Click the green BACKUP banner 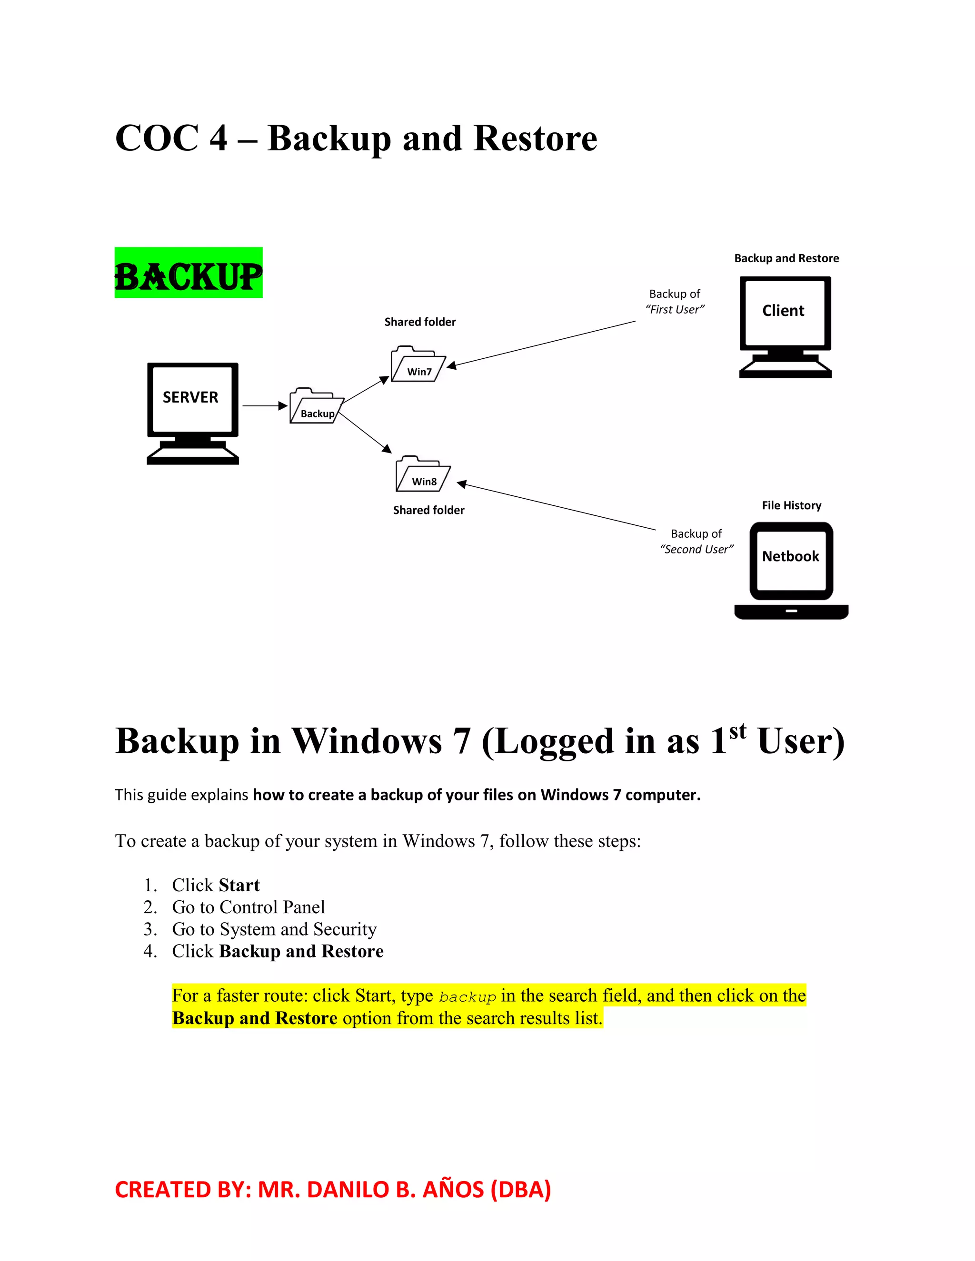pyautogui.click(x=189, y=273)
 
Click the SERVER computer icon pyautogui.click(x=192, y=413)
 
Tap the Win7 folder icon pyautogui.click(x=418, y=365)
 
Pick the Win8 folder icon pyautogui.click(x=422, y=474)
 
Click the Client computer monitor pyautogui.click(x=785, y=326)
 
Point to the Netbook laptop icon pyautogui.click(x=791, y=570)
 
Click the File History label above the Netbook pyautogui.click(x=791, y=505)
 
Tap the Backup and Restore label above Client pyautogui.click(x=786, y=258)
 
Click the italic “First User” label pyautogui.click(x=675, y=309)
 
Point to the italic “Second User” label pyautogui.click(x=696, y=549)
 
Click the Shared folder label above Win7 pyautogui.click(x=420, y=322)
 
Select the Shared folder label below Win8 pyautogui.click(x=428, y=510)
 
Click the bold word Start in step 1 pyautogui.click(x=239, y=885)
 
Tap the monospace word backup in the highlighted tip pyautogui.click(x=468, y=997)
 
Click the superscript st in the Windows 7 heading pyautogui.click(x=737, y=732)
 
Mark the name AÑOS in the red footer pyautogui.click(x=453, y=1190)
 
